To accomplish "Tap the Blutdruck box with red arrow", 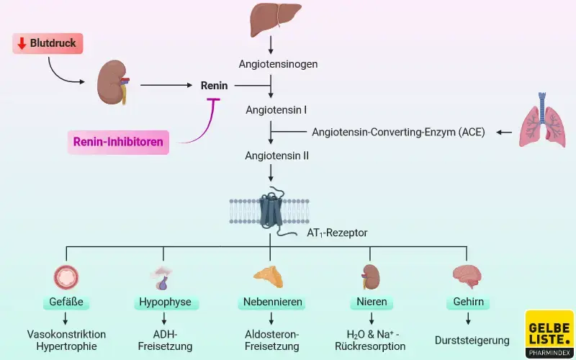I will [x=48, y=44].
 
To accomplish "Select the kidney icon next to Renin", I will [x=113, y=82].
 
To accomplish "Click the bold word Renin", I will [x=214, y=86].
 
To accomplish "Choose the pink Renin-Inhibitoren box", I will [x=118, y=142].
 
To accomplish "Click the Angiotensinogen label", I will [x=278, y=63].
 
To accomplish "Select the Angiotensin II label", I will [x=276, y=154].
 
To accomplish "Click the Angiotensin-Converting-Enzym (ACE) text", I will [x=398, y=132].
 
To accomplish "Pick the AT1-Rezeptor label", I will [x=337, y=233].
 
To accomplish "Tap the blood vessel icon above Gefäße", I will [x=66, y=277].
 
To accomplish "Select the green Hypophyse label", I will [x=164, y=302].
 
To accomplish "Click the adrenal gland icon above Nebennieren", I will [x=268, y=276].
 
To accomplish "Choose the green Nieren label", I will [x=372, y=302].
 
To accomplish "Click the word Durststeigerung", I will [x=472, y=341].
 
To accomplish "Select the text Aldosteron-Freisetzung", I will [x=271, y=341].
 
